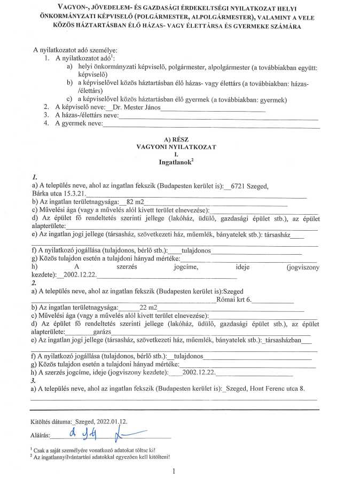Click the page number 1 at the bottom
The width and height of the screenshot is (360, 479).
click(x=174, y=471)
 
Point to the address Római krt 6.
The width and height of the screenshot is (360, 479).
click(x=236, y=300)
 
